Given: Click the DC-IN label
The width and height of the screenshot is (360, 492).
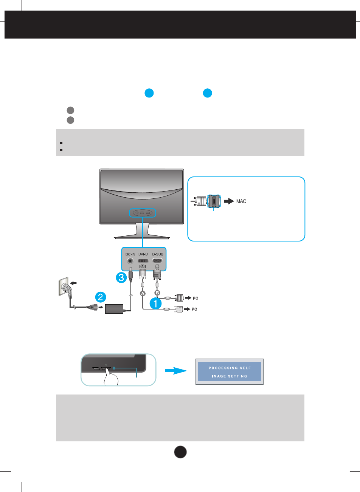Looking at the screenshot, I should click(x=130, y=254).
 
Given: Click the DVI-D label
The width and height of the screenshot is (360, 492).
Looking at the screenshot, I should click(x=143, y=254).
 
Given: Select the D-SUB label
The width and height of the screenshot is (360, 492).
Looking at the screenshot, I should click(x=158, y=254).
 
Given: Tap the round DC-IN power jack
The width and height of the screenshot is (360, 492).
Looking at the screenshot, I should click(x=130, y=261).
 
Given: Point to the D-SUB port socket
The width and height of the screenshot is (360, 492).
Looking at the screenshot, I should click(x=158, y=261).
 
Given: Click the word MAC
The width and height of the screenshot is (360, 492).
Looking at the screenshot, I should click(x=241, y=201).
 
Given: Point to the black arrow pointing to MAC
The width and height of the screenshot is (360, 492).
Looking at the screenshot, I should click(x=228, y=201).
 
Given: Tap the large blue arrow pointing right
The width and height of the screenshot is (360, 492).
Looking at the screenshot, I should click(x=176, y=371).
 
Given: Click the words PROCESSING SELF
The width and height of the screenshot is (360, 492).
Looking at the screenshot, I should click(x=230, y=368).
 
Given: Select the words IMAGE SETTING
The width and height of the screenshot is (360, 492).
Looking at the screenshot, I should click(x=230, y=376).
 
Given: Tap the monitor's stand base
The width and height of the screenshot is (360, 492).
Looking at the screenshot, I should click(x=142, y=237).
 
